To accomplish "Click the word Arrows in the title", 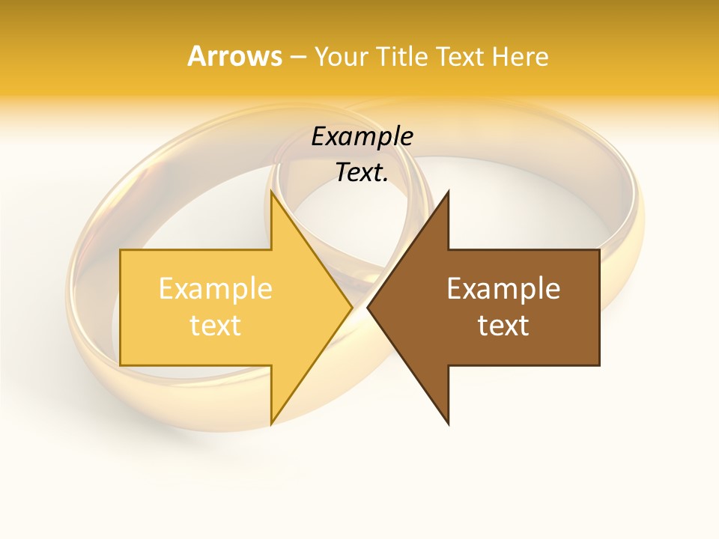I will pos(234,56).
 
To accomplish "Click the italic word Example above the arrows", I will pos(362,136).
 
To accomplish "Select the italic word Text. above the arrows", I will pos(362,172).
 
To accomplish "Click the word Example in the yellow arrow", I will pos(215,288).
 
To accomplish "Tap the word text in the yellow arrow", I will pos(215,325).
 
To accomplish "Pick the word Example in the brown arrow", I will pos(503,288).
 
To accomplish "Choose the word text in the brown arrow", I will pos(503,325).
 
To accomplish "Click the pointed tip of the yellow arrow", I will pos(352,307).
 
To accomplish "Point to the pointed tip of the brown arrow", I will pos(368,307).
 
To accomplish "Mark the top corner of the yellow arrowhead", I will pos(271,192).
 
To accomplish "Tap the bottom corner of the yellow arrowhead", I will pos(271,424).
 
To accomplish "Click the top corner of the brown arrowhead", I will pos(448,192).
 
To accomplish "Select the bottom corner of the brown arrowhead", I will pos(448,424).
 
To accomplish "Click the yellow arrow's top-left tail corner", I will pos(121,250).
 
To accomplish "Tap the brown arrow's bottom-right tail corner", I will pos(599,365).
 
